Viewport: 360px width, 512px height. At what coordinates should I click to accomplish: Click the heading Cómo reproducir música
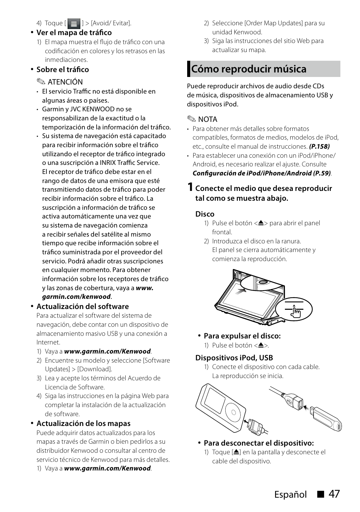[249, 69]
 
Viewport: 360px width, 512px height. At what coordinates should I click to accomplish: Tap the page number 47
[334, 494]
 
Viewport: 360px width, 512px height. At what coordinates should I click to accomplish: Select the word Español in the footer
[290, 494]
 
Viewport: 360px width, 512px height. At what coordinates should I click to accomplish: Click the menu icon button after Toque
[74, 24]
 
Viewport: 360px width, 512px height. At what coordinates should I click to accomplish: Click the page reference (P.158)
[319, 146]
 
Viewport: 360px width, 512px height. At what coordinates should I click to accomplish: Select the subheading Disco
[205, 214]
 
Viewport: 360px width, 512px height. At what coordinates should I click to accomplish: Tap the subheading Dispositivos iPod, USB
[234, 358]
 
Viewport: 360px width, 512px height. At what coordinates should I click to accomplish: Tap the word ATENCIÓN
[65, 82]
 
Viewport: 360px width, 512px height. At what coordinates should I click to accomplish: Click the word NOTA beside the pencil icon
[208, 119]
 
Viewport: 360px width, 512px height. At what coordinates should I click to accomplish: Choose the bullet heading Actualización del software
[83, 306]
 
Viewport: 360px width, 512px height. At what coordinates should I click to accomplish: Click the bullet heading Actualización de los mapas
[83, 423]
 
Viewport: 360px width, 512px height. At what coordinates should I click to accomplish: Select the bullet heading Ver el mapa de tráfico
[74, 32]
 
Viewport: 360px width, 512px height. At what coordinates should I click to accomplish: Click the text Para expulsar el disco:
[242, 336]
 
